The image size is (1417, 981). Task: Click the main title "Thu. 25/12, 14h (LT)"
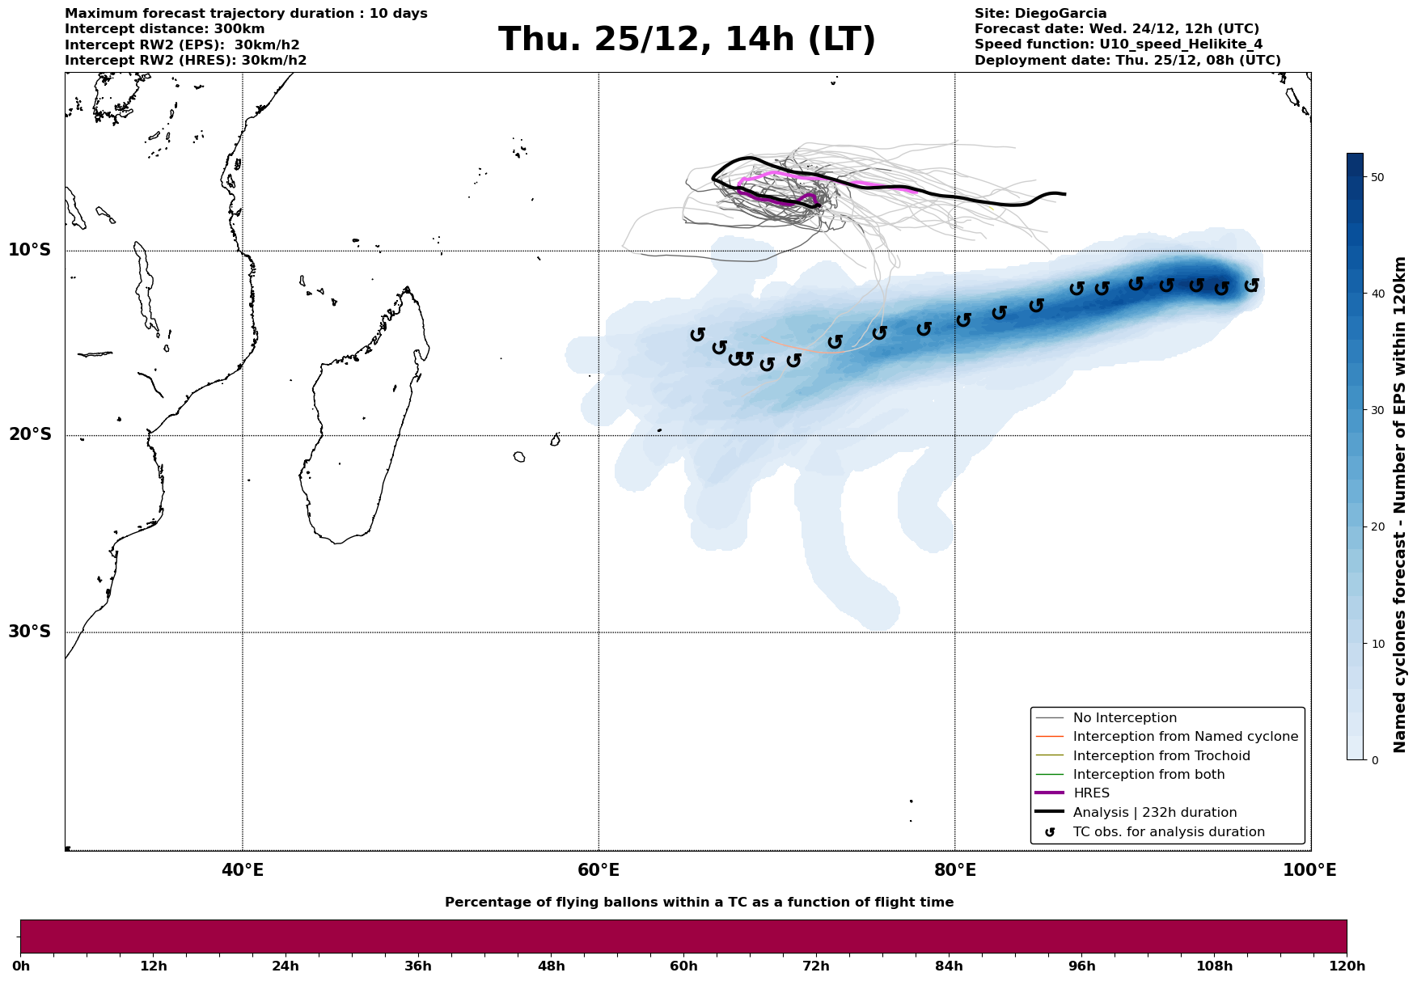point(687,40)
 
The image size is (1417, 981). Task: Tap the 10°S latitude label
point(30,250)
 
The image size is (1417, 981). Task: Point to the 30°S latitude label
point(30,632)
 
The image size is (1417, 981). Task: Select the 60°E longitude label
point(599,870)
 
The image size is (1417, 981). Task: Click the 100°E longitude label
point(1309,870)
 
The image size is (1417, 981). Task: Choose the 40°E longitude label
point(242,870)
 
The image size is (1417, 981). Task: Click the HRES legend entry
point(1091,793)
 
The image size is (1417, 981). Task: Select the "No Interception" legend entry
point(1124,718)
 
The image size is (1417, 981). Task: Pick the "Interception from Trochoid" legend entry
point(1161,756)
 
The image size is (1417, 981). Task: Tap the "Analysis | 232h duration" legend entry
point(1154,813)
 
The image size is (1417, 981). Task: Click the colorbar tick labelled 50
point(1375,177)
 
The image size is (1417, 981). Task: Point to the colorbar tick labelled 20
point(1375,527)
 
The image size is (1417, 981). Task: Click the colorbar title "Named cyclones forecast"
point(1400,505)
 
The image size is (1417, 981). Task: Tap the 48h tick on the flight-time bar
point(551,966)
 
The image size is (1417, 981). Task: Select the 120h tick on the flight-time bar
point(1347,966)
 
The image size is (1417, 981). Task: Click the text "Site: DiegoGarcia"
point(1040,14)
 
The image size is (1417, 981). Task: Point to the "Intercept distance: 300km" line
point(164,29)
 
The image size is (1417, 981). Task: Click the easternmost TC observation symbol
point(1251,285)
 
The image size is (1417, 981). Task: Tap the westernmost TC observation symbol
point(697,334)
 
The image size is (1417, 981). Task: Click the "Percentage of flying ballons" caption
point(699,903)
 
